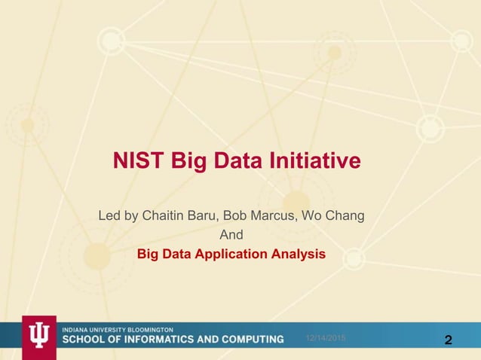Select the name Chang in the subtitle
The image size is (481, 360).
coord(344,218)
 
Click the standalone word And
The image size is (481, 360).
coord(231,236)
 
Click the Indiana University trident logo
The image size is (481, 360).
coord(38,337)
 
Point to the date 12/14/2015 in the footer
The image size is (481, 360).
coord(325,340)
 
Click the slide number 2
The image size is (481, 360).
coord(449,340)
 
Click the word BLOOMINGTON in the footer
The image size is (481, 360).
coord(149,330)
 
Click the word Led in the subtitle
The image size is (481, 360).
coord(110,218)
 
